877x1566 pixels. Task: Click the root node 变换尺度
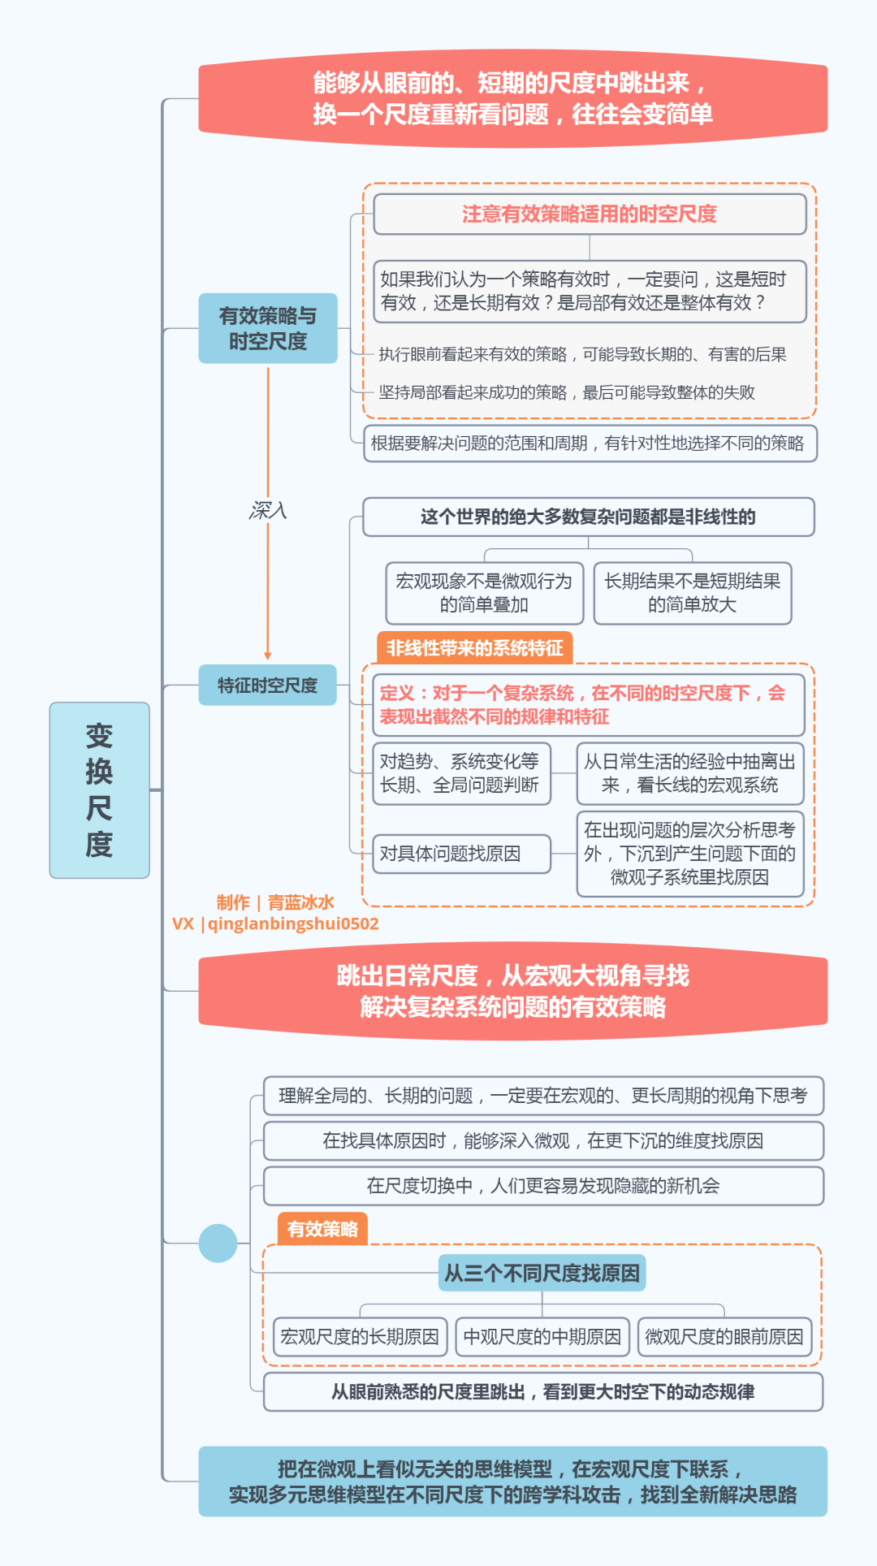point(99,789)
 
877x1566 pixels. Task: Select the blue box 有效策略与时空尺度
point(267,328)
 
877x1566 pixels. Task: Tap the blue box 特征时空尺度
point(267,686)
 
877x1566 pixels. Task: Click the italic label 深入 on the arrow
point(267,510)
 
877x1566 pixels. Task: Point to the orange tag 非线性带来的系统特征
point(474,648)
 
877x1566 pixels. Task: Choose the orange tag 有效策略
point(322,1229)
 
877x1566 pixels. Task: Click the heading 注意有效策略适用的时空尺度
point(590,214)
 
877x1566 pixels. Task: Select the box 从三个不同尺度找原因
point(542,1273)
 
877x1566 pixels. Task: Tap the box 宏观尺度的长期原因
point(360,1337)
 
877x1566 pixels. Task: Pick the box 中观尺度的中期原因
point(542,1337)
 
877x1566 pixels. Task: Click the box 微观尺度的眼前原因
point(724,1337)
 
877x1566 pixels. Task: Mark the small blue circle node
point(218,1243)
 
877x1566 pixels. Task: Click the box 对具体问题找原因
point(461,854)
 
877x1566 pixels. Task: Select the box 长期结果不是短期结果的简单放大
point(692,593)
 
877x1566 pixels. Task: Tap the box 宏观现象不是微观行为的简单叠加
point(484,593)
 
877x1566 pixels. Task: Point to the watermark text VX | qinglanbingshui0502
point(275,924)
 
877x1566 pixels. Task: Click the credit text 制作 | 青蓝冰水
point(275,902)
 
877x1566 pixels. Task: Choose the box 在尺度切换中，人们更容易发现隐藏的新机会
point(542,1186)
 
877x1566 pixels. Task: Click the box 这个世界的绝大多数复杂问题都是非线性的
point(588,517)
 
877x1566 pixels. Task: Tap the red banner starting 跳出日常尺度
point(512,991)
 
